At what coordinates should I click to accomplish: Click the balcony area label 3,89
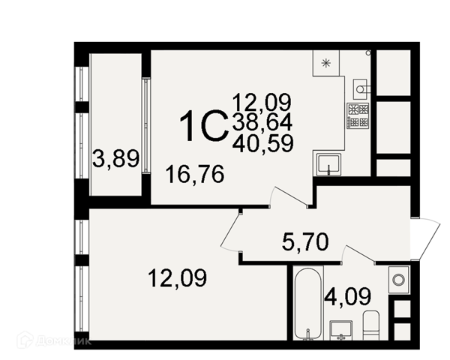[x=116, y=159]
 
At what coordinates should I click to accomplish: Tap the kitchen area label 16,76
[x=195, y=174]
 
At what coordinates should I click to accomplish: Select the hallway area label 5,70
[x=305, y=241]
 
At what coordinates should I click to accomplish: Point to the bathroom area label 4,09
[x=347, y=297]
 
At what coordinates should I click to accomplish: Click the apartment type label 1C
[x=204, y=126]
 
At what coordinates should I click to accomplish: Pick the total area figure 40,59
[x=263, y=143]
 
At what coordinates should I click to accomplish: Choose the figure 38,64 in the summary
[x=262, y=122]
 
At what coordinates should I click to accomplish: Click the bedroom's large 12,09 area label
[x=177, y=278]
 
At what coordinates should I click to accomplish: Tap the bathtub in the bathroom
[x=308, y=303]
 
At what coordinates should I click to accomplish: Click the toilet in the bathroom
[x=371, y=325]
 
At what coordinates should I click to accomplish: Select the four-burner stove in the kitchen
[x=358, y=115]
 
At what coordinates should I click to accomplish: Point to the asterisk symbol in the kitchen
[x=325, y=63]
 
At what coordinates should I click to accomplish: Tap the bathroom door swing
[x=359, y=253]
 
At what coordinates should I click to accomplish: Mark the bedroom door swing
[x=230, y=232]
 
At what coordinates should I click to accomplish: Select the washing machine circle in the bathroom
[x=399, y=279]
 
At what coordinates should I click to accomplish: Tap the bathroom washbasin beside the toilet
[x=341, y=331]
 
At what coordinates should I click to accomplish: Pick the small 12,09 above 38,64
[x=262, y=103]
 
